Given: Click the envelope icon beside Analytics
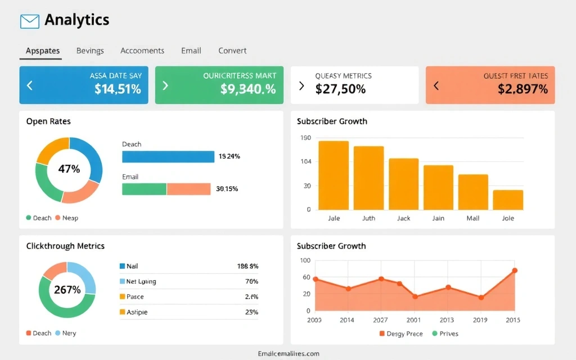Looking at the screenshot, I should pyautogui.click(x=29, y=21).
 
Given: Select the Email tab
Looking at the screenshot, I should pyautogui.click(x=191, y=51).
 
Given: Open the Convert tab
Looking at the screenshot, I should pyautogui.click(x=232, y=51).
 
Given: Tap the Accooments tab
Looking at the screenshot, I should pyautogui.click(x=142, y=51).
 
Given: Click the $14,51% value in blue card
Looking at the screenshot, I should pyautogui.click(x=118, y=89).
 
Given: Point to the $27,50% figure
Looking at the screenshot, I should pyautogui.click(x=340, y=89).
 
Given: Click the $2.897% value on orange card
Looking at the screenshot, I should pyautogui.click(x=523, y=89).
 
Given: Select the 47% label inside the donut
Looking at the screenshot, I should pyautogui.click(x=69, y=169).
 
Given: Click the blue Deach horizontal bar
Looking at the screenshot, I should pyautogui.click(x=168, y=156).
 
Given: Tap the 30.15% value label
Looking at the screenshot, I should pyautogui.click(x=227, y=189).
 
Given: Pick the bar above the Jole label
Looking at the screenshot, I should pyautogui.click(x=508, y=200).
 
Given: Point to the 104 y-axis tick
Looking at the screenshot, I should pyautogui.click(x=306, y=162).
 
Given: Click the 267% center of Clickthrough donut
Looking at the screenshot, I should pyautogui.click(x=67, y=290).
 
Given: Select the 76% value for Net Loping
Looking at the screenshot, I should pyautogui.click(x=251, y=281).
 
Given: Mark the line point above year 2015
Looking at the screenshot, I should pyautogui.click(x=514, y=271).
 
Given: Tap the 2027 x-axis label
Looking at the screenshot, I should pyautogui.click(x=381, y=320).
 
